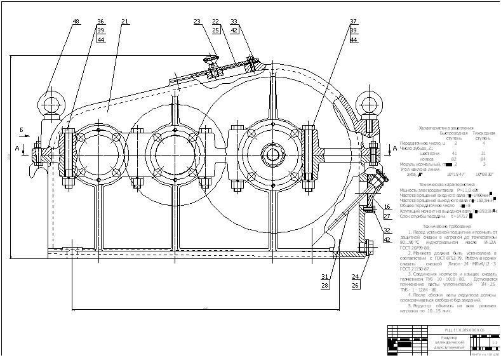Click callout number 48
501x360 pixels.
click(76, 22)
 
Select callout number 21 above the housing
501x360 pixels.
click(124, 22)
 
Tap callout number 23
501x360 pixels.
click(197, 22)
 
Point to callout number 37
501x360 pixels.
click(354, 22)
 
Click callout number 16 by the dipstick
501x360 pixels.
click(387, 207)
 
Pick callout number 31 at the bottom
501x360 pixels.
click(324, 276)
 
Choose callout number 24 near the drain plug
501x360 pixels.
click(356, 276)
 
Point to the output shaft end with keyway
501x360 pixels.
click(274, 154)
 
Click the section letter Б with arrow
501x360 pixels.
click(21, 131)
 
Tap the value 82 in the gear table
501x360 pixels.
click(436, 159)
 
